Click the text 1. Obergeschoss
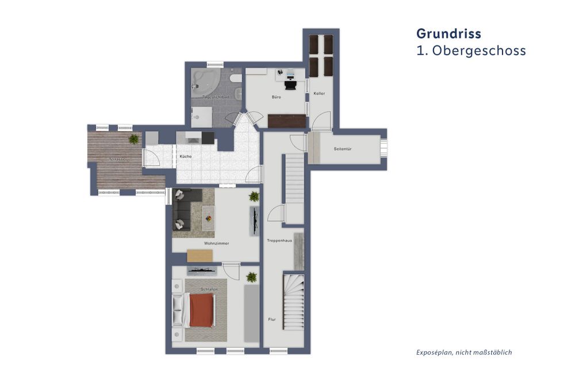pos(471,51)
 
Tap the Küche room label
pos(185,156)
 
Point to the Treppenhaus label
pos(279,240)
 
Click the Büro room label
pos(276,97)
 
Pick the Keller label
pos(320,93)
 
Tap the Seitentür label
pos(343,149)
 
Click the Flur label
pos(272,319)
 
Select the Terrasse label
pos(117,159)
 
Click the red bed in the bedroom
pos(201,310)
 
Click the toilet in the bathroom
pos(235,79)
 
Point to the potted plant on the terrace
pos(133,138)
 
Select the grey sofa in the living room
pos(183,208)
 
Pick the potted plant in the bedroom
pos(251,277)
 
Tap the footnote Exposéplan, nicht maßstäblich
pos(463,352)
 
